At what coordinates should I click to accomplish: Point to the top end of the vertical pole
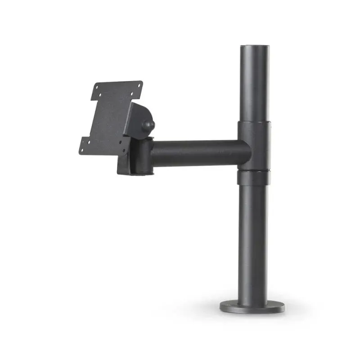pyautogui.click(x=254, y=48)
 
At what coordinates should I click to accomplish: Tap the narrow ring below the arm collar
pyautogui.click(x=254, y=178)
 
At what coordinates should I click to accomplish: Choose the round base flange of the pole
pyautogui.click(x=252, y=306)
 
